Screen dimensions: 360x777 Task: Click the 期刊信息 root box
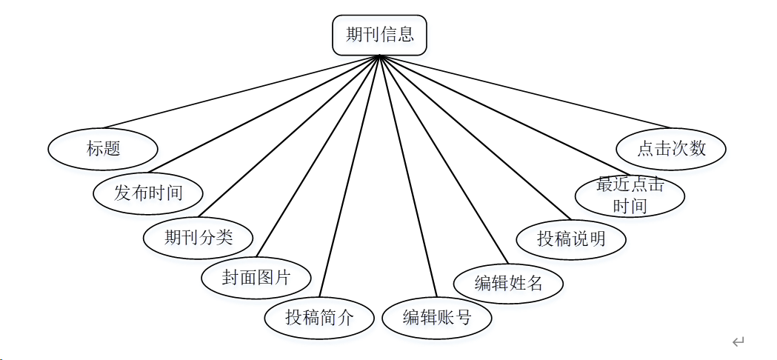(379, 35)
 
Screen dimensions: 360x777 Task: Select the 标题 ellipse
(103, 149)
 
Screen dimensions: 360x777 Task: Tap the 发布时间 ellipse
(148, 193)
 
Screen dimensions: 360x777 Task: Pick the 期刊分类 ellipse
(199, 237)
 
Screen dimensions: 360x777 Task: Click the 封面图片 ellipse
(256, 279)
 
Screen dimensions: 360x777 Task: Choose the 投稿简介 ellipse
(319, 318)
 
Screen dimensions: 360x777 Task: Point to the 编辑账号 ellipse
(437, 318)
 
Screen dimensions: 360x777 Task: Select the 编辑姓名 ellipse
(509, 283)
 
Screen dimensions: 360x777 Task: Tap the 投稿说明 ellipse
(571, 239)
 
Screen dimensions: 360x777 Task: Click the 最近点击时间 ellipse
(630, 196)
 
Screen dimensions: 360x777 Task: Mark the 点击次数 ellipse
(671, 148)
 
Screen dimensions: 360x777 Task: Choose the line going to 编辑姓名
(443, 159)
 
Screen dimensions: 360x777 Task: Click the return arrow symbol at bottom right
(737, 341)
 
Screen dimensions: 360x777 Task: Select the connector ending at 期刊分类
(289, 137)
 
